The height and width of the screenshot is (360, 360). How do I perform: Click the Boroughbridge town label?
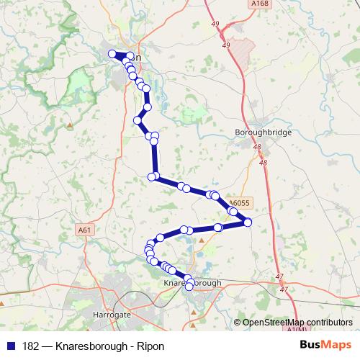tap(261, 132)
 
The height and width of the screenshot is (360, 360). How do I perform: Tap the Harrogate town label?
tap(112, 315)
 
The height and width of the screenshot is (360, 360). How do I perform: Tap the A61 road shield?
tap(86, 230)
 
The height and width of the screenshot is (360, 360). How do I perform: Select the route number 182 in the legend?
tap(30, 346)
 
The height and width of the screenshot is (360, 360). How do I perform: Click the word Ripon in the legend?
tap(150, 346)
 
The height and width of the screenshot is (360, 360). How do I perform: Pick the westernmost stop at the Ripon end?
tap(112, 54)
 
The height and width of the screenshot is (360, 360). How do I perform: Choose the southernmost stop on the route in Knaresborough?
tap(189, 287)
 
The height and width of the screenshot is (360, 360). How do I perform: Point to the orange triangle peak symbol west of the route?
tap(69, 124)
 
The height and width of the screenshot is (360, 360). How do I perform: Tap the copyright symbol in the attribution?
tap(238, 322)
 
